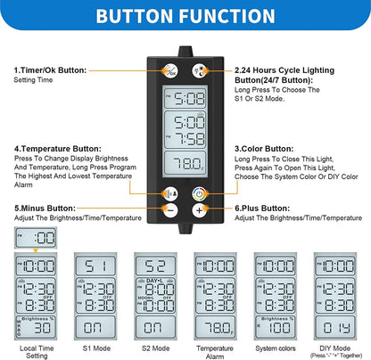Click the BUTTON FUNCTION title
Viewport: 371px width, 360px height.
185,17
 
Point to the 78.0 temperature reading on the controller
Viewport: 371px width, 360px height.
185,162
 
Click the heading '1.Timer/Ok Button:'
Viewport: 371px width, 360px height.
50,69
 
